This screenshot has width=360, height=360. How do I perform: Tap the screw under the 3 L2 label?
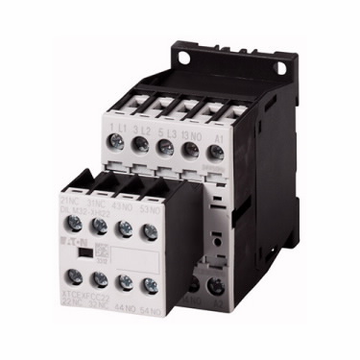point(142,146)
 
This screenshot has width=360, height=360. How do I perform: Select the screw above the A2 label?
point(216,285)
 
